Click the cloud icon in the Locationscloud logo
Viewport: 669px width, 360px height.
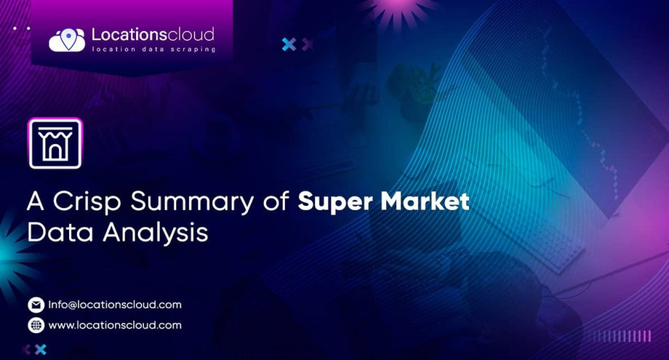pos(67,39)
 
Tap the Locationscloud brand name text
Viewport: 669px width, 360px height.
pos(153,33)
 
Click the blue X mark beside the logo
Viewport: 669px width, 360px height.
pos(289,44)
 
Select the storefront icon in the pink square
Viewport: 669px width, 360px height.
pos(55,144)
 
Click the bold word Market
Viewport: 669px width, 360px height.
pos(423,201)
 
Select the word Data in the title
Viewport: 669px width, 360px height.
pos(55,233)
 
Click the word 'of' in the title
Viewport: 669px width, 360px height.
pos(276,201)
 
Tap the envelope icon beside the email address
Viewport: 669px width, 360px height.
pos(36,305)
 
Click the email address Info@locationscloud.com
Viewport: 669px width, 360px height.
pos(115,305)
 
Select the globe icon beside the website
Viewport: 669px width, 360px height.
pos(36,325)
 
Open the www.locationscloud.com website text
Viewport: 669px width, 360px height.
pos(115,325)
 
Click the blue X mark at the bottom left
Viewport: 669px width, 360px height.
pos(41,350)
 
